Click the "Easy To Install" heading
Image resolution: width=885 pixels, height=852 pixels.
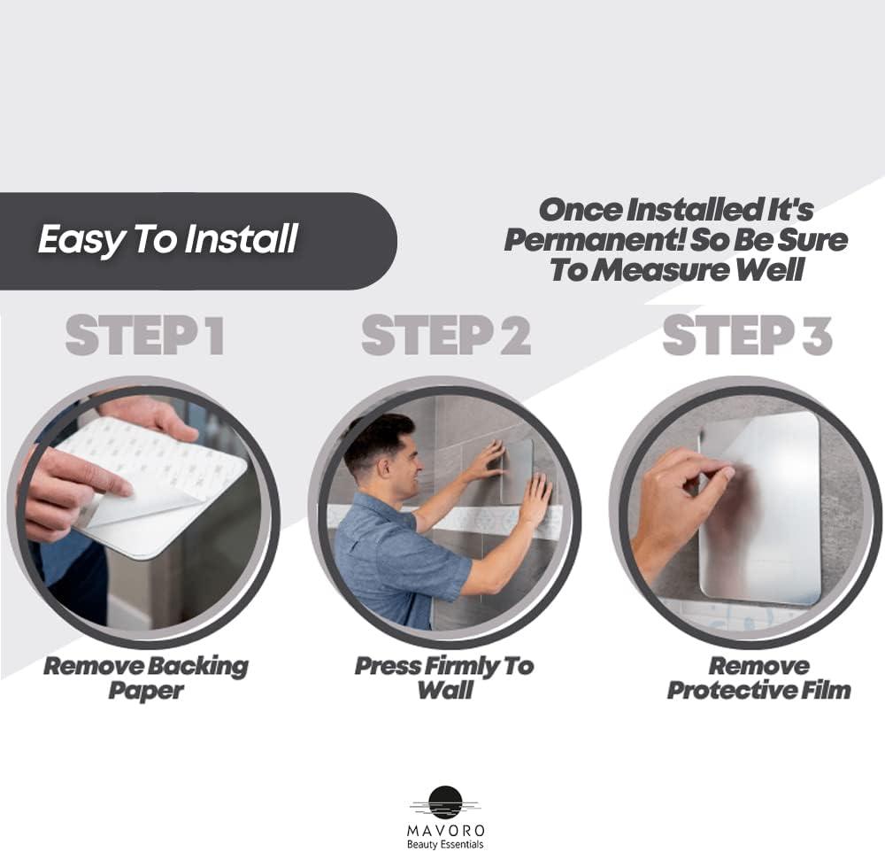(x=167, y=239)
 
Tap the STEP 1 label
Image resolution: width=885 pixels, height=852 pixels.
(x=144, y=337)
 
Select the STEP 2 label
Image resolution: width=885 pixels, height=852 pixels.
(x=445, y=337)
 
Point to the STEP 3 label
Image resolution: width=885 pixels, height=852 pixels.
(x=747, y=337)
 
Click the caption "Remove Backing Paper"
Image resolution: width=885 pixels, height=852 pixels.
(x=146, y=678)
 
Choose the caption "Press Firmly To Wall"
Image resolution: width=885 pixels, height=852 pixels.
(x=444, y=678)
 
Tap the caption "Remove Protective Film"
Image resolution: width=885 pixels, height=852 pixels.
(x=758, y=678)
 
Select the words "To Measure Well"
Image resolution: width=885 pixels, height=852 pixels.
(x=677, y=270)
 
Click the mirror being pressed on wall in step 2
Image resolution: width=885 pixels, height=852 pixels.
(x=516, y=469)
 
